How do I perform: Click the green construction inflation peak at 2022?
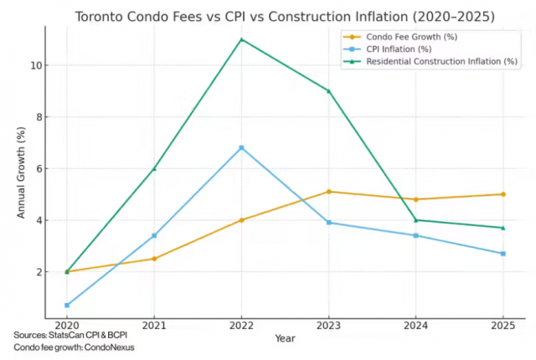click(x=241, y=39)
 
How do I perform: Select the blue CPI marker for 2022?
click(x=241, y=147)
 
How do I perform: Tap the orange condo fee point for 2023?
click(x=329, y=192)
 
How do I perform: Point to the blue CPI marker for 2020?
click(x=66, y=305)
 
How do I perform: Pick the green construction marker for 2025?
click(x=503, y=228)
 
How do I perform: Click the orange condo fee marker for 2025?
click(x=503, y=194)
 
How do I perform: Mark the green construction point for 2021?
click(x=154, y=168)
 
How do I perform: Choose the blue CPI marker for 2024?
click(x=416, y=235)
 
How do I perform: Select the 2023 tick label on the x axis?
click(x=329, y=325)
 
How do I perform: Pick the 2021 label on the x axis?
click(x=154, y=325)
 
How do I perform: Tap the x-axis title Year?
click(x=285, y=338)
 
